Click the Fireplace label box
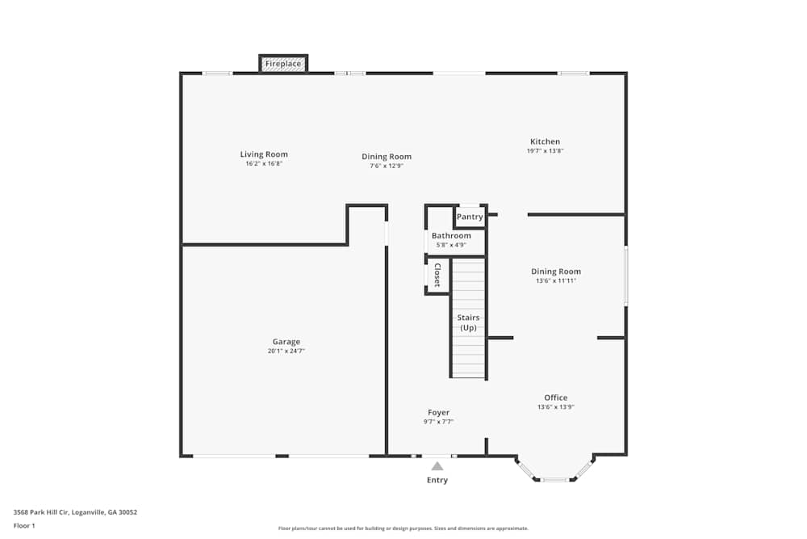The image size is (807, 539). point(283,64)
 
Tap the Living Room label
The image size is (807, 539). point(264,154)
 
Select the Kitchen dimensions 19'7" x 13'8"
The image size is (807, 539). point(545,151)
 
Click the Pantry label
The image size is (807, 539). point(470,217)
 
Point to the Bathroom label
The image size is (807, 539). point(451,236)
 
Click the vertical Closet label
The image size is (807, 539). point(437,276)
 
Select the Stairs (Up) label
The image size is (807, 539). point(468,322)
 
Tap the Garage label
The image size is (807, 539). point(286,342)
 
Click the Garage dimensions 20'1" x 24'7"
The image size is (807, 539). point(286,352)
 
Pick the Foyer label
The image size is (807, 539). point(438,412)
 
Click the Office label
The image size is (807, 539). point(555,398)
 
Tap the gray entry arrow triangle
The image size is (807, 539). point(437,466)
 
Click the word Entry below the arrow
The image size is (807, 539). point(437,480)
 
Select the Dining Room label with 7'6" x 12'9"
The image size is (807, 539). point(387,157)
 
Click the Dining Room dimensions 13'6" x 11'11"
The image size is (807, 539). point(555,281)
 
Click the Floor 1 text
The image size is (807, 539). point(24,525)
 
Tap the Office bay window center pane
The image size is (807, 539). point(554,480)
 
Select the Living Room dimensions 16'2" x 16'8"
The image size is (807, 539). point(264,163)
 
